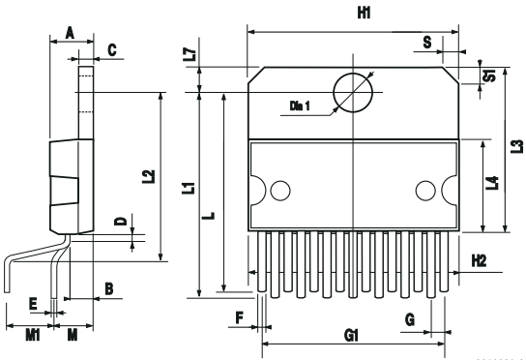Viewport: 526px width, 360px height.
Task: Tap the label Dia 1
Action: point(301,105)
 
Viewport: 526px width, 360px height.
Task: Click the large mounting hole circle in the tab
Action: point(352,94)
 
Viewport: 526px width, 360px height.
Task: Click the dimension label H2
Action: point(480,260)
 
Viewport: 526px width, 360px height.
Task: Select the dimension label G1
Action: point(352,334)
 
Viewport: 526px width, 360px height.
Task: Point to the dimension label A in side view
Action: point(69,32)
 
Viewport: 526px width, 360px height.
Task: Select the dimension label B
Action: point(108,288)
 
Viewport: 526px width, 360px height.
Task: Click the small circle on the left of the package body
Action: point(280,189)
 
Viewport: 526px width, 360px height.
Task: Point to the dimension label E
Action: point(33,304)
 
